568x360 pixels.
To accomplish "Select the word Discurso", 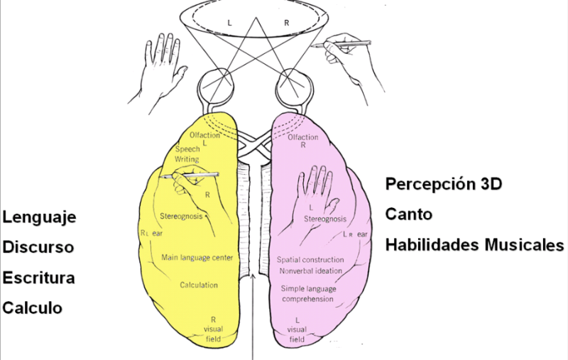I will point(39,247).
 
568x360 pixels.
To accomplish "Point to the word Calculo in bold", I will point(33,307).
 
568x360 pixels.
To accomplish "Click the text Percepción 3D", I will point(444,184).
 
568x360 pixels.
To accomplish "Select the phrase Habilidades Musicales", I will point(474,245).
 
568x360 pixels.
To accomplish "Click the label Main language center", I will point(197,257).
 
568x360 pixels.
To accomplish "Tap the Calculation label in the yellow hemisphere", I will point(198,285).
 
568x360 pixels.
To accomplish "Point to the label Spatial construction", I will point(310,260).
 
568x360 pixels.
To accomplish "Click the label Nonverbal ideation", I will point(310,271).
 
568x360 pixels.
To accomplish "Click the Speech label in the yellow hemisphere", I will point(187,150).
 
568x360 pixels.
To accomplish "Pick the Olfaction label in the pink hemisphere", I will point(303,137).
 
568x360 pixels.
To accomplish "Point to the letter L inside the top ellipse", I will point(229,23).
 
